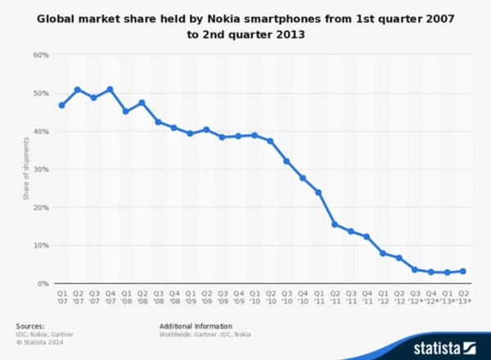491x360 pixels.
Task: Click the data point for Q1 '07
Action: [61, 105]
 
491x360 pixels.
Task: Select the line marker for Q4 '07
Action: [110, 89]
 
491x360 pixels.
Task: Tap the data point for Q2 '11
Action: [335, 224]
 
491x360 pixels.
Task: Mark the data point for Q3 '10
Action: [286, 161]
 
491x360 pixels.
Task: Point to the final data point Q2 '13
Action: [463, 271]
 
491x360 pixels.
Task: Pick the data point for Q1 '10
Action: [255, 135]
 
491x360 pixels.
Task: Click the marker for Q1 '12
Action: [383, 253]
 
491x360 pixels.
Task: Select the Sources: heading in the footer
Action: [30, 326]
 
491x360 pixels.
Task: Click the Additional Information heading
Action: [196, 326]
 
